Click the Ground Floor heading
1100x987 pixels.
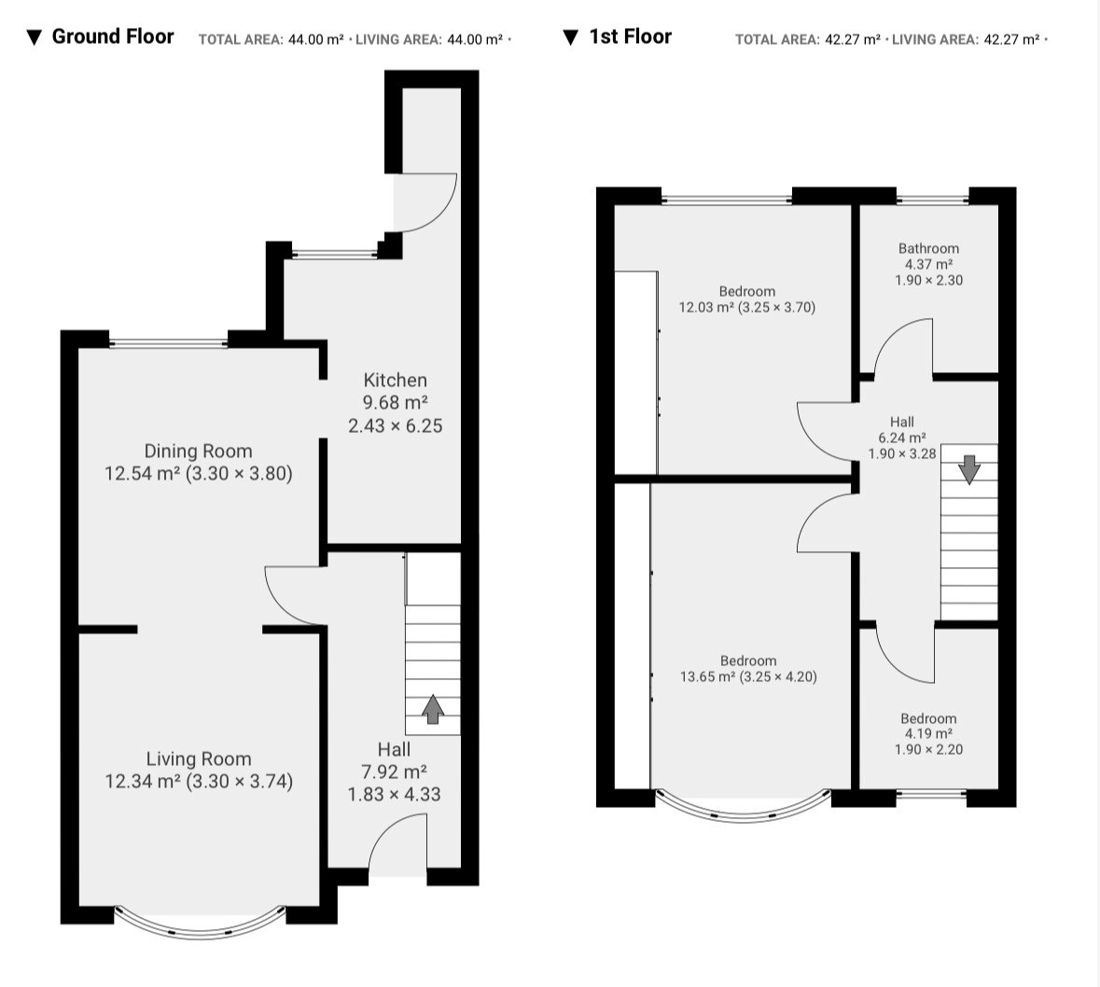pos(112,36)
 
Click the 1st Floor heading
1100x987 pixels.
pos(630,36)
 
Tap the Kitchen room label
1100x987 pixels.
pos(395,381)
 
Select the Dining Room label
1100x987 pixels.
pos(198,452)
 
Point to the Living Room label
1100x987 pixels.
pos(199,759)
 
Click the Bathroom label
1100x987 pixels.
pos(929,248)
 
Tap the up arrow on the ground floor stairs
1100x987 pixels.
pos(433,708)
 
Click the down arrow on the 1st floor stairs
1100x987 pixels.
pos(968,470)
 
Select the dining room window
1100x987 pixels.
pos(168,343)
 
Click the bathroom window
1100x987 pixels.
pos(932,201)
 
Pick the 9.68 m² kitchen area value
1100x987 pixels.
pos(395,403)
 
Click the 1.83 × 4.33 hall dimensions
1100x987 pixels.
pos(395,794)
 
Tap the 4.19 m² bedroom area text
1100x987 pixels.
pos(928,734)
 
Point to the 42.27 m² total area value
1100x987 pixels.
pos(853,39)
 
